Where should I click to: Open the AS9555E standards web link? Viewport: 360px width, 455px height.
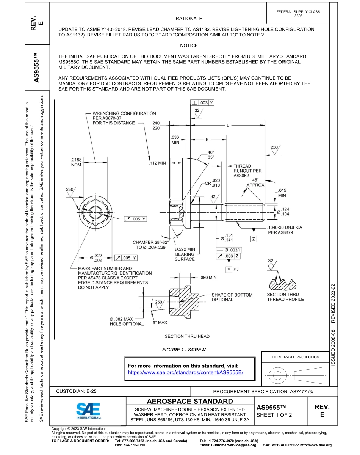(185, 372)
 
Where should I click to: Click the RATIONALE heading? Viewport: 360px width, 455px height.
(189, 19)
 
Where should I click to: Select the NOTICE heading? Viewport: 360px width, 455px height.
(189, 45)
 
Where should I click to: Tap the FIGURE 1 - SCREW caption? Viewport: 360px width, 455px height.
(183, 350)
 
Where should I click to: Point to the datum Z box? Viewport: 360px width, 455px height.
(254, 239)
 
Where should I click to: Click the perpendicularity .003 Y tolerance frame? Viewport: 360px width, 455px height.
(202, 103)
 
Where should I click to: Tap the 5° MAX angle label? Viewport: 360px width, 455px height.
(160, 323)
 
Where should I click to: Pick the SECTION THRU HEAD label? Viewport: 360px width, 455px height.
(187, 336)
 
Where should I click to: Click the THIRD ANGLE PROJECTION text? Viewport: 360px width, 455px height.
(295, 357)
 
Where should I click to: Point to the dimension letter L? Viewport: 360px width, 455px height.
(227, 125)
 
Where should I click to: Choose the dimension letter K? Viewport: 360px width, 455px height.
(207, 140)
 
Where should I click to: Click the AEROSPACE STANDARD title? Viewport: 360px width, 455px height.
(189, 401)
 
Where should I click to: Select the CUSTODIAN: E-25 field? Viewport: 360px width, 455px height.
(76, 391)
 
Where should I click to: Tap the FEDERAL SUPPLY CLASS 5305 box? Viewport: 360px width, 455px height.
(298, 14)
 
